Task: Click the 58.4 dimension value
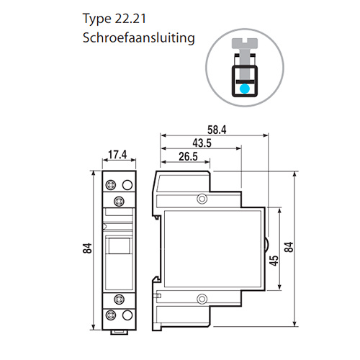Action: point(217,130)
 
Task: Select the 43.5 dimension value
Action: point(202,143)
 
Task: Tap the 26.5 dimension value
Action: point(188,156)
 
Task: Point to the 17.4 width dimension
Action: point(117,155)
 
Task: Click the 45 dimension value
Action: point(274,261)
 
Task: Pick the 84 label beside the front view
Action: point(87,248)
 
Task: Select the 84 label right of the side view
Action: point(289,247)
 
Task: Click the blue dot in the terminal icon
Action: point(245,89)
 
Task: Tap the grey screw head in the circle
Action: point(245,43)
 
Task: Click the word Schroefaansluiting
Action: point(138,38)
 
